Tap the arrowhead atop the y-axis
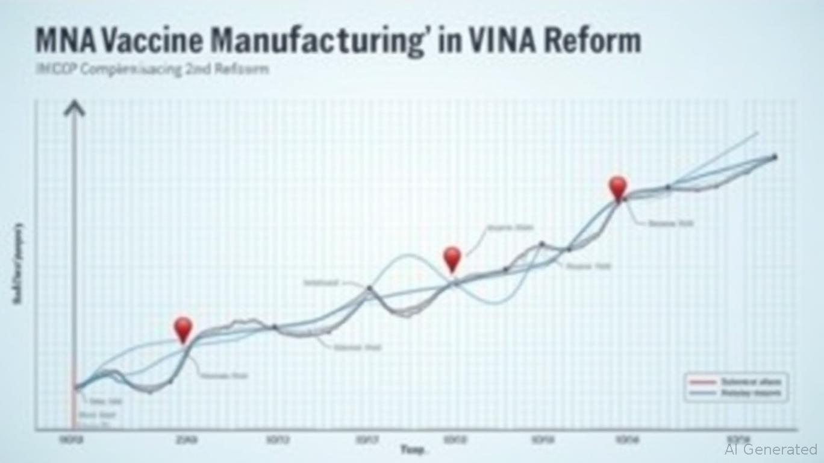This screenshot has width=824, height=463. click(x=75, y=109)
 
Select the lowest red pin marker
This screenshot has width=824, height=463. click(x=183, y=329)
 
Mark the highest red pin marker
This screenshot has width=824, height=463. click(x=617, y=187)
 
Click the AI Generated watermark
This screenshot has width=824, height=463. click(x=770, y=449)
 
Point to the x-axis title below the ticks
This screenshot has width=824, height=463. click(x=414, y=450)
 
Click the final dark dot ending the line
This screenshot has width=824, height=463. click(x=775, y=157)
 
